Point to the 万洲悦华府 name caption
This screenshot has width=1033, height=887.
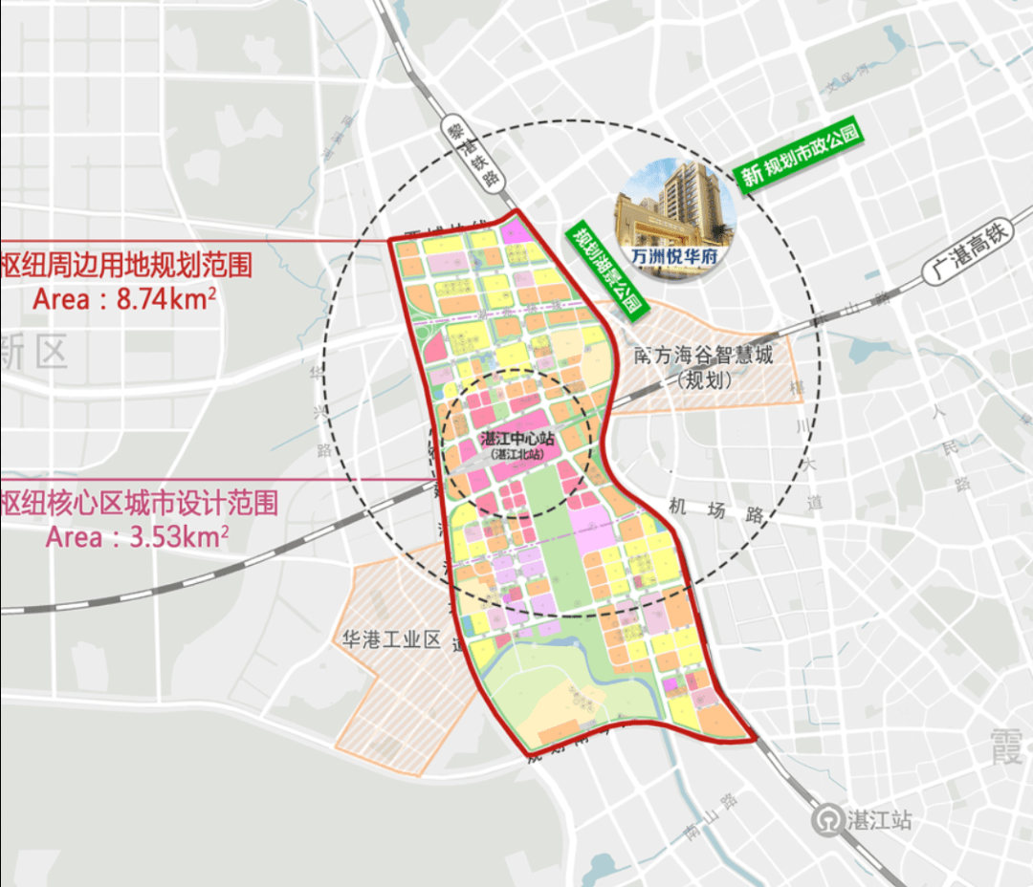(677, 257)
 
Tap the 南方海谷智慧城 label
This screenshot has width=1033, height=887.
(703, 356)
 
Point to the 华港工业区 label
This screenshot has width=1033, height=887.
(391, 639)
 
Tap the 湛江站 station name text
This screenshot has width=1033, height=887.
(878, 820)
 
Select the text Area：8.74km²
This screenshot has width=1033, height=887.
(123, 298)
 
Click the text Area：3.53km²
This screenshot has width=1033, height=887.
(137, 537)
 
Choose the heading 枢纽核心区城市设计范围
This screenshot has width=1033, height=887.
(140, 503)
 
